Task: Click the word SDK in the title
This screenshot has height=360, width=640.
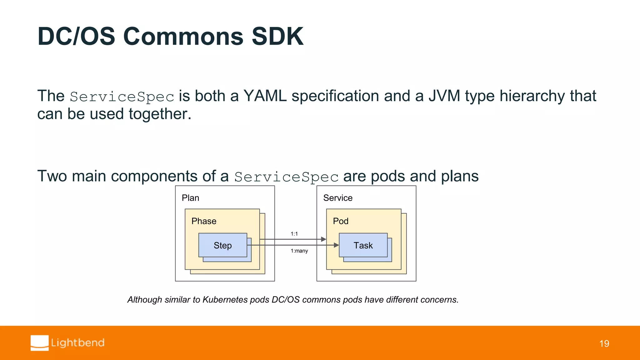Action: click(x=277, y=37)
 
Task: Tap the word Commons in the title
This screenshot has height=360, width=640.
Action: click(x=183, y=37)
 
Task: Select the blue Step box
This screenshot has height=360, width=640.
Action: click(x=222, y=245)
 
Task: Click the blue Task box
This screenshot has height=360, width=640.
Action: click(x=363, y=245)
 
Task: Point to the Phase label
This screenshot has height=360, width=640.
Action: click(x=204, y=221)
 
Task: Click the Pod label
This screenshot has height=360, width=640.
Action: click(x=341, y=221)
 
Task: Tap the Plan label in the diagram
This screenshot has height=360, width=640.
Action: click(x=190, y=198)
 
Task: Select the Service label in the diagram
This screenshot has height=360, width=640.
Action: click(x=338, y=198)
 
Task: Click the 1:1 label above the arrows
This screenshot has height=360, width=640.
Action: click(x=294, y=234)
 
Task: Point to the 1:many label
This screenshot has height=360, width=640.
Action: click(x=299, y=251)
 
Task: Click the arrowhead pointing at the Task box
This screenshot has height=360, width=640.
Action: click(x=336, y=245)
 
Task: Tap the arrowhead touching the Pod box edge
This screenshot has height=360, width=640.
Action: click(x=324, y=239)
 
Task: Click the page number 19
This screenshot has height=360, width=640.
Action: click(x=604, y=344)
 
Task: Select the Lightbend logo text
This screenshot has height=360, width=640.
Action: click(x=78, y=343)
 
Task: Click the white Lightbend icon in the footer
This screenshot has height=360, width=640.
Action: click(x=40, y=343)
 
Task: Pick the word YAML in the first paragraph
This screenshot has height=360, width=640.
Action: click(x=265, y=96)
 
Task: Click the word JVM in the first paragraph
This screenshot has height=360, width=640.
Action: click(x=444, y=96)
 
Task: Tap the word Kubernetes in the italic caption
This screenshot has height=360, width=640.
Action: click(x=225, y=300)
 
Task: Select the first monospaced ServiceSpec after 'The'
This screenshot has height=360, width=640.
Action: click(x=122, y=97)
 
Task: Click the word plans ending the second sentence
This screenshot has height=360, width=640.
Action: click(x=460, y=176)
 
